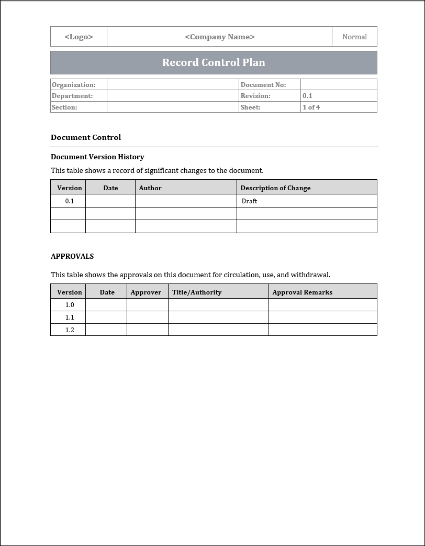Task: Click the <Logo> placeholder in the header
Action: (x=79, y=37)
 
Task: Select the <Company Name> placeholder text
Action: (x=220, y=37)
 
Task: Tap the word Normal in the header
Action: (x=354, y=37)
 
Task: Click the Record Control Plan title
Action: (x=214, y=62)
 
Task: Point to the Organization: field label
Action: (x=74, y=85)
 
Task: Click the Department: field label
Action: (x=72, y=96)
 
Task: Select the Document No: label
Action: (x=263, y=85)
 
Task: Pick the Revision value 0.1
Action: (x=307, y=96)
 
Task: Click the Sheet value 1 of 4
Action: (x=311, y=107)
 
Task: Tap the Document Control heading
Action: (x=86, y=137)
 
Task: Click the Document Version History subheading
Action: (x=97, y=157)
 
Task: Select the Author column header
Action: (x=150, y=188)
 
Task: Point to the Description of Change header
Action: (x=275, y=188)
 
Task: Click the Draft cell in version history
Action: (x=250, y=201)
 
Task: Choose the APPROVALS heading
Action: (x=72, y=256)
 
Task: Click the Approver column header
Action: (x=146, y=292)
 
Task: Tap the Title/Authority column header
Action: (x=197, y=292)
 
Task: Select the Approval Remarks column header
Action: (x=303, y=292)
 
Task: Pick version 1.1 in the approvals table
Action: (x=70, y=318)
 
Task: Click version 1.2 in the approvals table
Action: (x=70, y=330)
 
